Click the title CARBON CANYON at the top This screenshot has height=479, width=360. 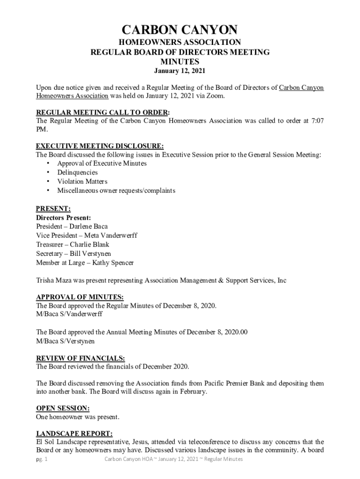pos(180,31)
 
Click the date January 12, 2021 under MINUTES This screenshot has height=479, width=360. pos(180,71)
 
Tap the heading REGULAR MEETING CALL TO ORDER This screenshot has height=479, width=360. pos(102,112)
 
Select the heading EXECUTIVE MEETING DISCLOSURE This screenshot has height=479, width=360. pos(100,146)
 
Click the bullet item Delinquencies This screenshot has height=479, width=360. pos(77,173)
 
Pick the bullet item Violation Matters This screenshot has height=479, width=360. pos(82,181)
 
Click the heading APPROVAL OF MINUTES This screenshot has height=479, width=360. pos(79,297)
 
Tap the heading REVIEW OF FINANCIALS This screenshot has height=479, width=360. pos(80,358)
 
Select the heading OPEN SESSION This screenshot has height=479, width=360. pos(63,408)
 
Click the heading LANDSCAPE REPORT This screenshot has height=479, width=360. pos(74,433)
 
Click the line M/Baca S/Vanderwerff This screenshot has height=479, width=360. pos(69,314)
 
